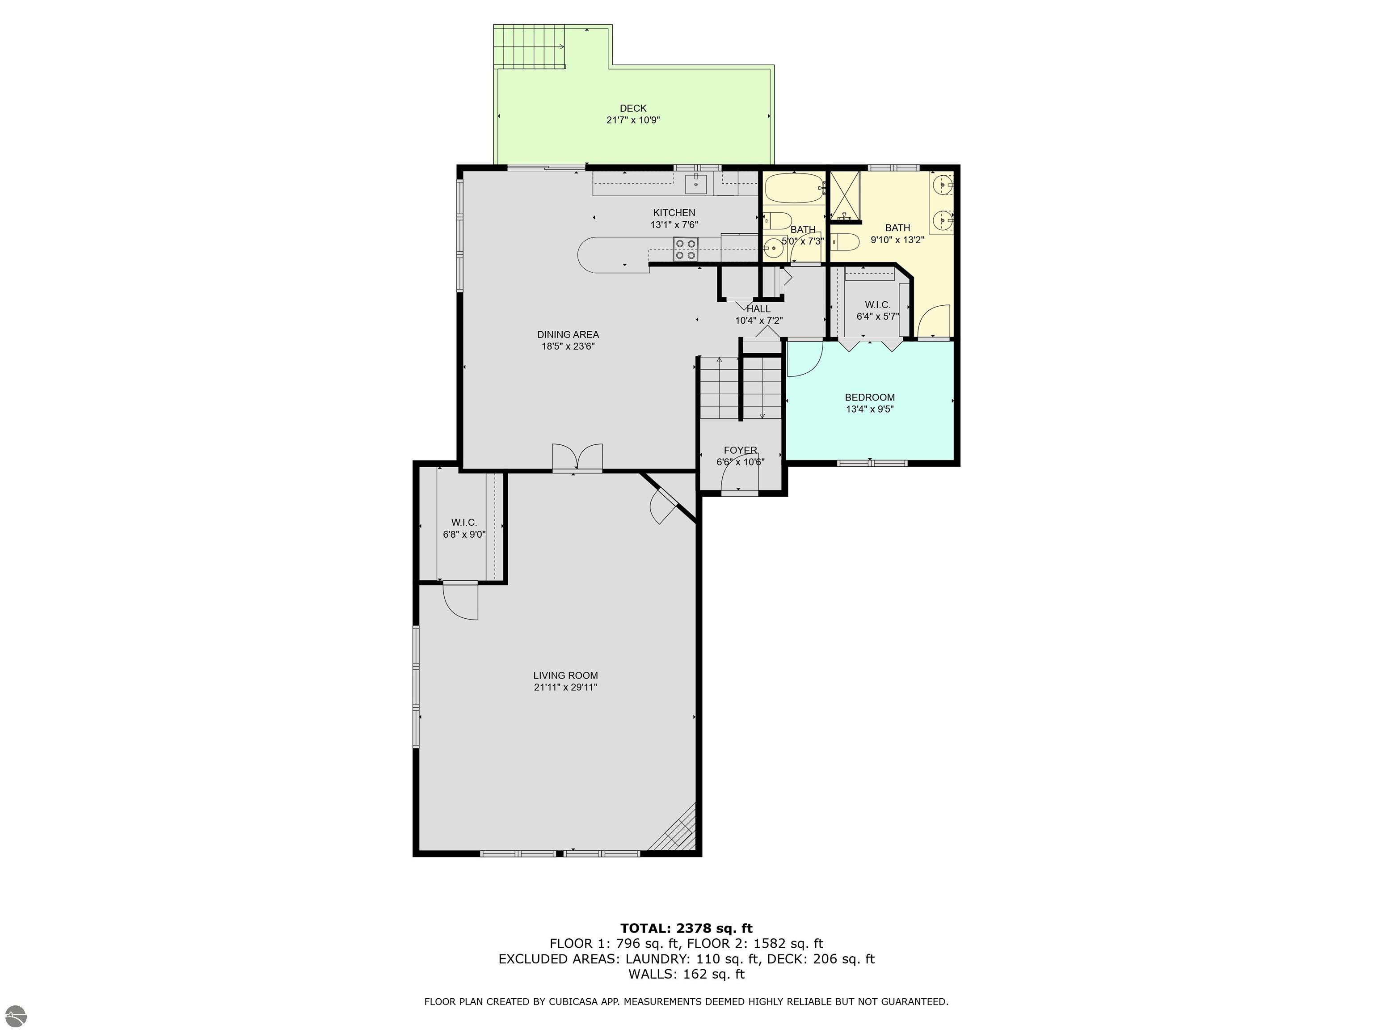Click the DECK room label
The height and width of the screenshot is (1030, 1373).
coord(632,109)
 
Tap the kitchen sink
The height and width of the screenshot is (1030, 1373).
coord(696,183)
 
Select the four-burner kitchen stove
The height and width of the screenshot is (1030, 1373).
coord(685,249)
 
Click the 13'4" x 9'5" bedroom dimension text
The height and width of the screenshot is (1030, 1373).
coord(870,409)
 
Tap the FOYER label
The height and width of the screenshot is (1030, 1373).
coord(740,450)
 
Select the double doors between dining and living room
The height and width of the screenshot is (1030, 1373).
coord(577,458)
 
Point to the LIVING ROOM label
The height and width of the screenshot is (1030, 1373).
coord(565,675)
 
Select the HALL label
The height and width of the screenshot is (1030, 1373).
coord(758,308)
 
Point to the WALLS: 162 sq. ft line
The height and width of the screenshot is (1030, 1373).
coord(686,974)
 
